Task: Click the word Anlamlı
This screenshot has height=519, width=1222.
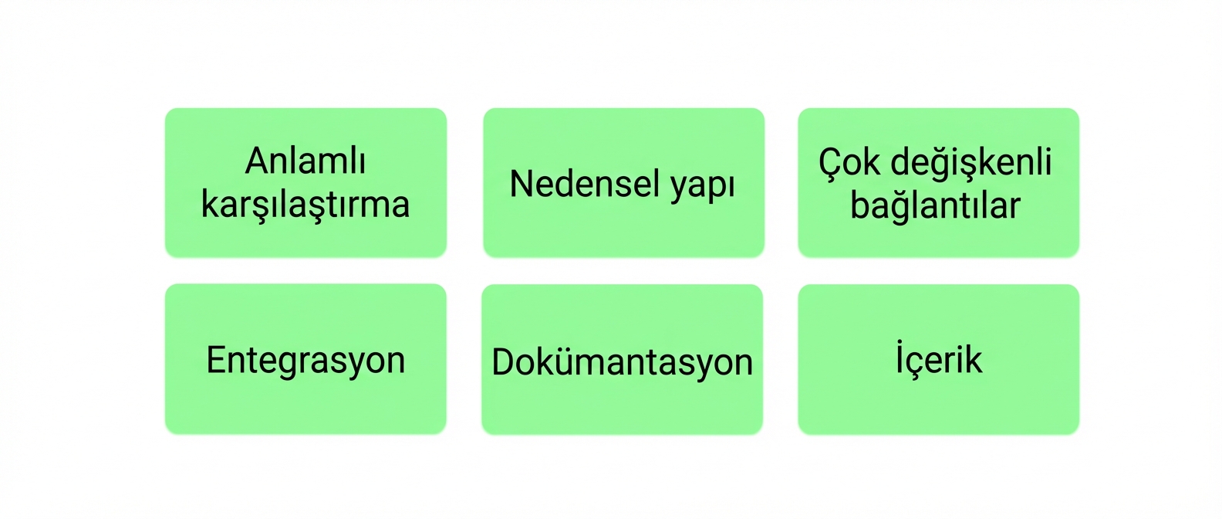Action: coord(305,161)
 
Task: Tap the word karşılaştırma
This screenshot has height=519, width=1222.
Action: coord(305,206)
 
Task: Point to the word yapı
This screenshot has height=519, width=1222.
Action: coord(703,188)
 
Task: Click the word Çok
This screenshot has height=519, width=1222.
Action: coord(849,163)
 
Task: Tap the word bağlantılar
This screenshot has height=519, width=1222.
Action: coord(935,206)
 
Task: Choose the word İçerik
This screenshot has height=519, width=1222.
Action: coord(939,358)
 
